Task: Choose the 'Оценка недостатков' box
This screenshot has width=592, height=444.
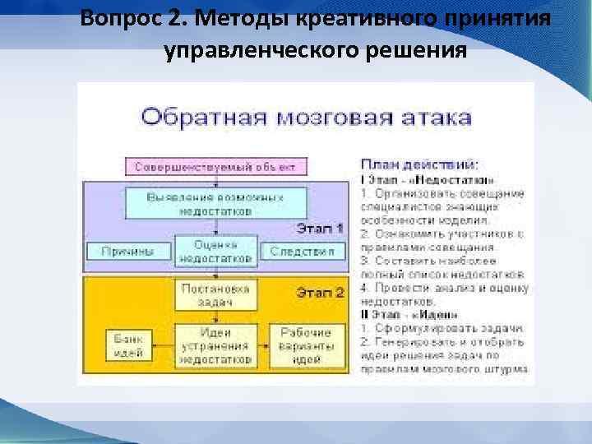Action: (215, 252)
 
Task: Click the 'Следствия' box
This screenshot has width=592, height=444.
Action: (302, 251)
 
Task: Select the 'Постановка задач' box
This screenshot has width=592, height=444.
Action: (215, 294)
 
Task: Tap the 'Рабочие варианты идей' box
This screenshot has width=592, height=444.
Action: (306, 345)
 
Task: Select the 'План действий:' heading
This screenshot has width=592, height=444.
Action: (419, 164)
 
